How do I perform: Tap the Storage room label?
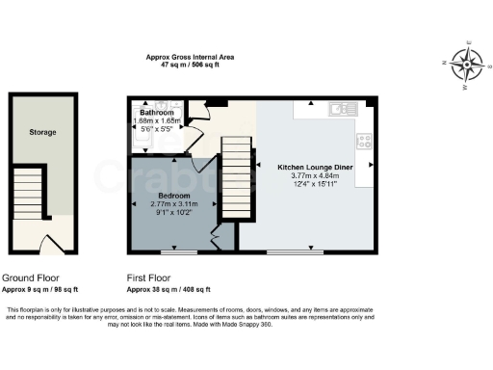[42, 132]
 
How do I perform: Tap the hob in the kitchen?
[365, 141]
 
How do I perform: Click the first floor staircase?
[236, 172]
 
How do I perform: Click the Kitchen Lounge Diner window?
[296, 253]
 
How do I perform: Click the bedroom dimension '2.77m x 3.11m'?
[173, 204]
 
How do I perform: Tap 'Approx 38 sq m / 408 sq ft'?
[169, 289]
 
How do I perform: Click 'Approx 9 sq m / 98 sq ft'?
[40, 289]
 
